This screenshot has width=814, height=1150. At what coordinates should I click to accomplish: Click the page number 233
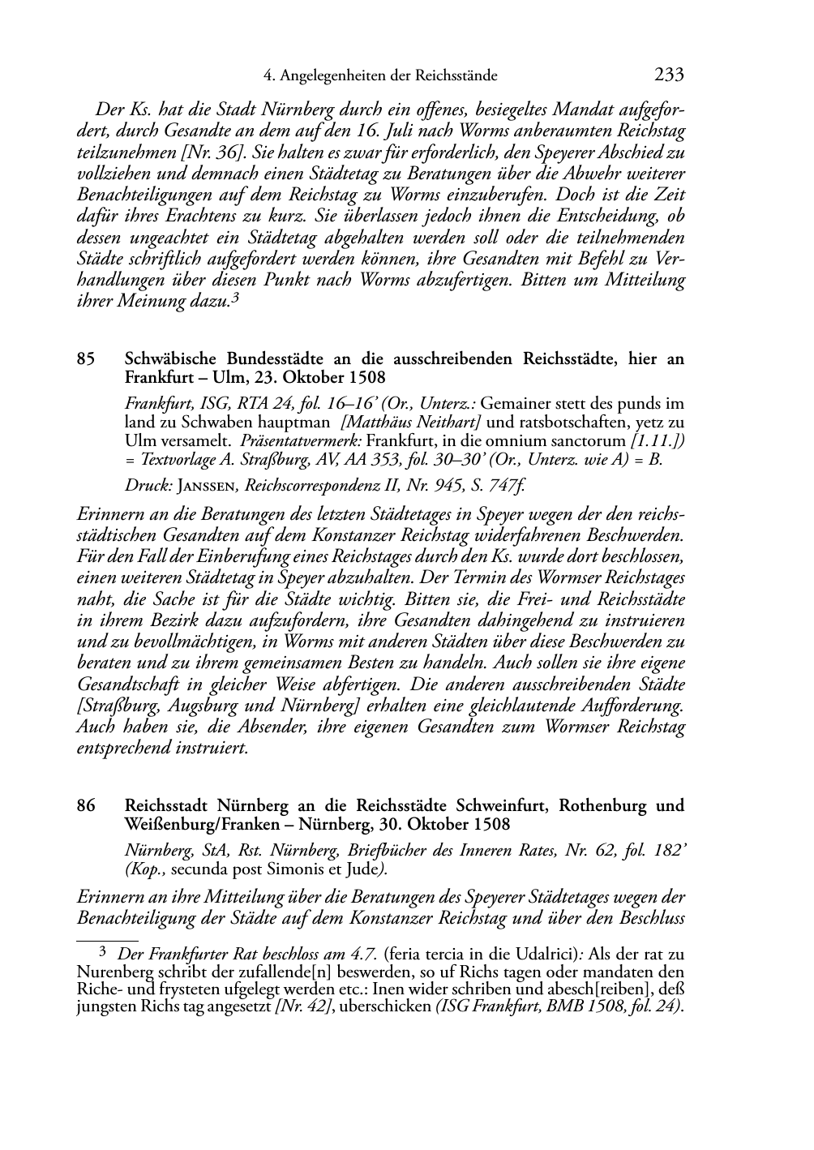(669, 75)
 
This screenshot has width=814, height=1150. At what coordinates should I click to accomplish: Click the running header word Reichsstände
(456, 76)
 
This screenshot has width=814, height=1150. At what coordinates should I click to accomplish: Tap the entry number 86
(86, 806)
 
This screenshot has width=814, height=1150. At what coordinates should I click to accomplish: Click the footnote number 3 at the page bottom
(102, 954)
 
